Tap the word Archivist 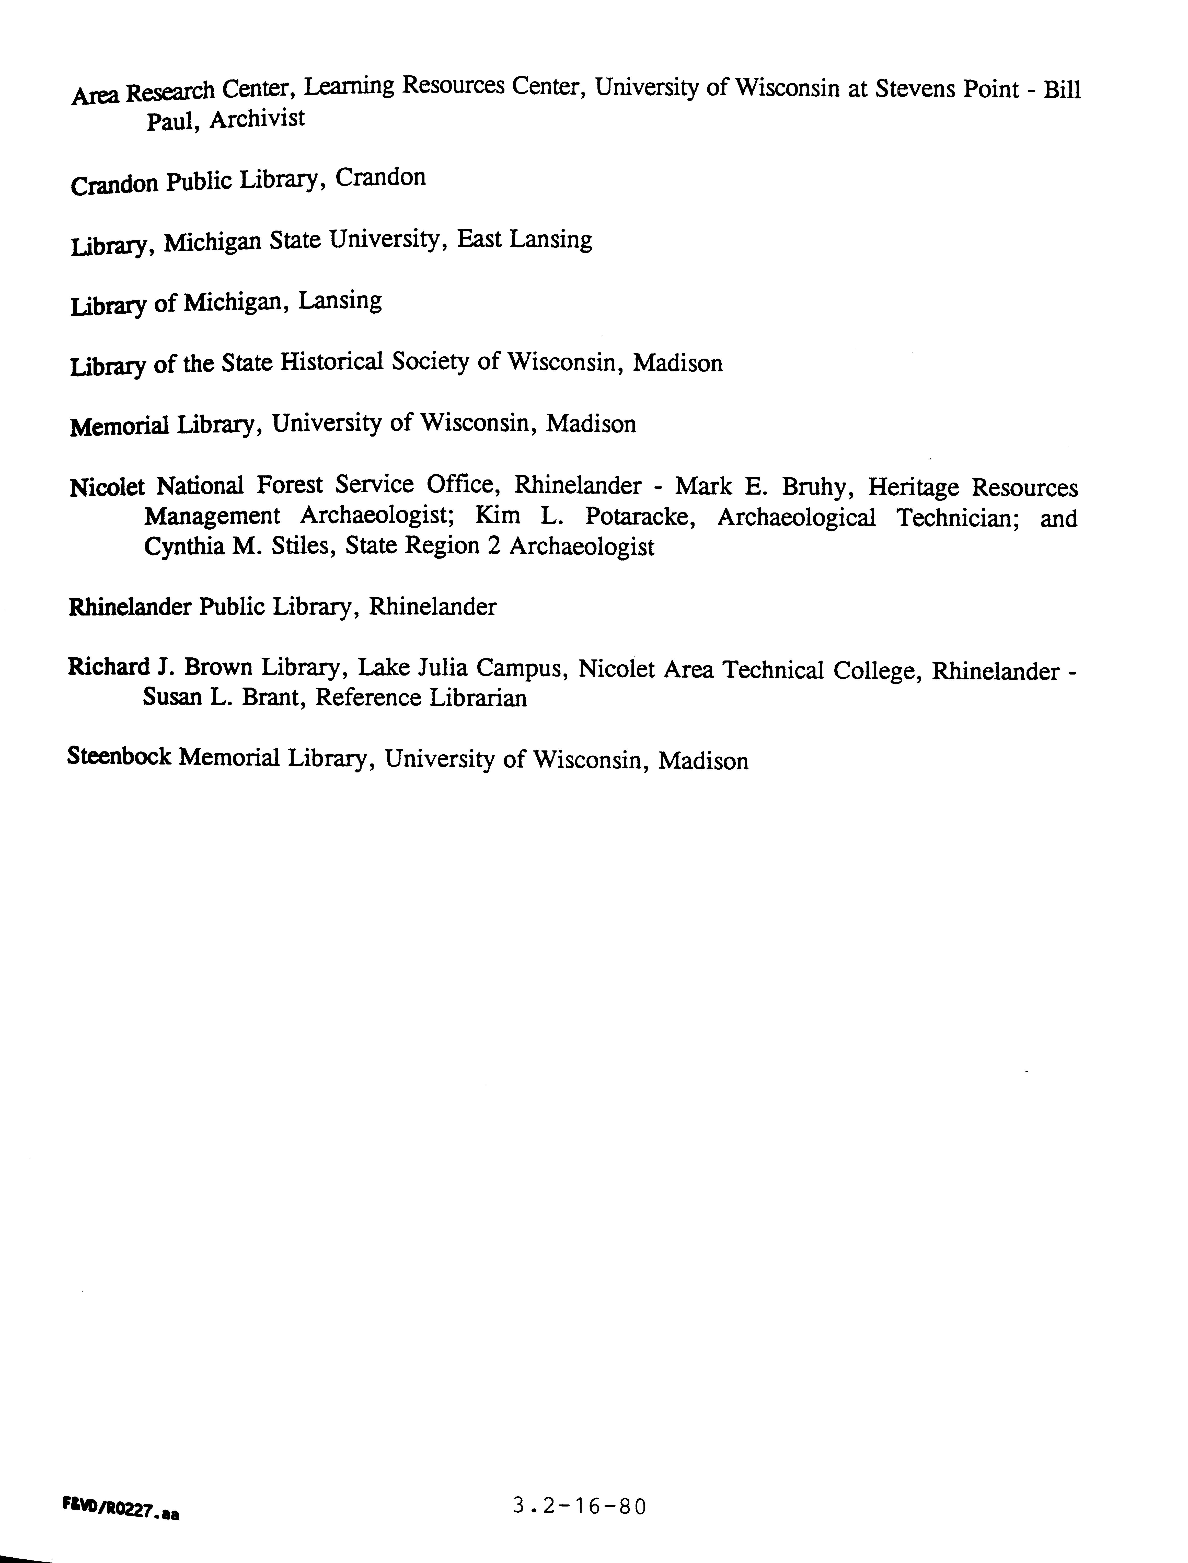[x=257, y=118]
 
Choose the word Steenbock [x=119, y=756]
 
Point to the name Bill [x=1062, y=90]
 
